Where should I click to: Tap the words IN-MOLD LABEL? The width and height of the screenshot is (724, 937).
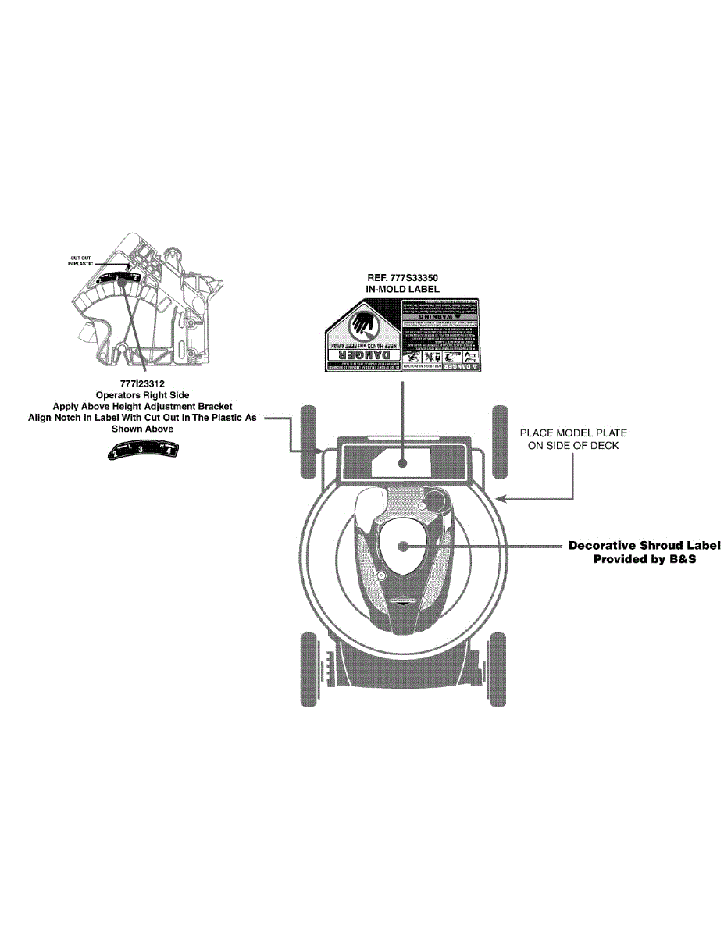(x=402, y=289)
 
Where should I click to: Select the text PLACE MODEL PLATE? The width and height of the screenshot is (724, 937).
(x=573, y=433)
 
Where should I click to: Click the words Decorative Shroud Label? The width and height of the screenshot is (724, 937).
(x=644, y=546)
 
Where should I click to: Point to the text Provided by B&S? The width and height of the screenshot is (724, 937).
(x=644, y=559)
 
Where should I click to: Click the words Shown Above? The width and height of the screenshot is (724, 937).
(x=142, y=429)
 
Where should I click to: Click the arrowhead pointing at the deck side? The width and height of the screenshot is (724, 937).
(x=508, y=497)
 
